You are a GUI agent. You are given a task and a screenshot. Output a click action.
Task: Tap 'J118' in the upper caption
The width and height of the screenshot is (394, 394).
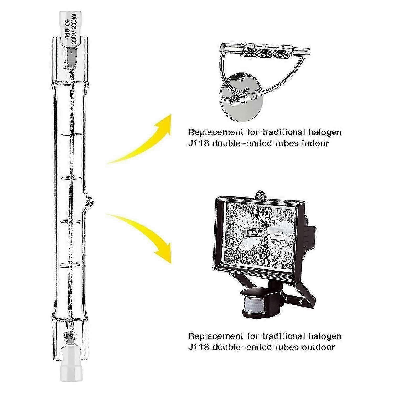tap(199, 143)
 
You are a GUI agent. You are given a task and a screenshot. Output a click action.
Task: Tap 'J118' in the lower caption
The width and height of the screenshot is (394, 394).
tap(199, 347)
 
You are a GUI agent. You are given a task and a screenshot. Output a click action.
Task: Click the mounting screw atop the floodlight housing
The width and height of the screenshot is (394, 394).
tap(260, 194)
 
